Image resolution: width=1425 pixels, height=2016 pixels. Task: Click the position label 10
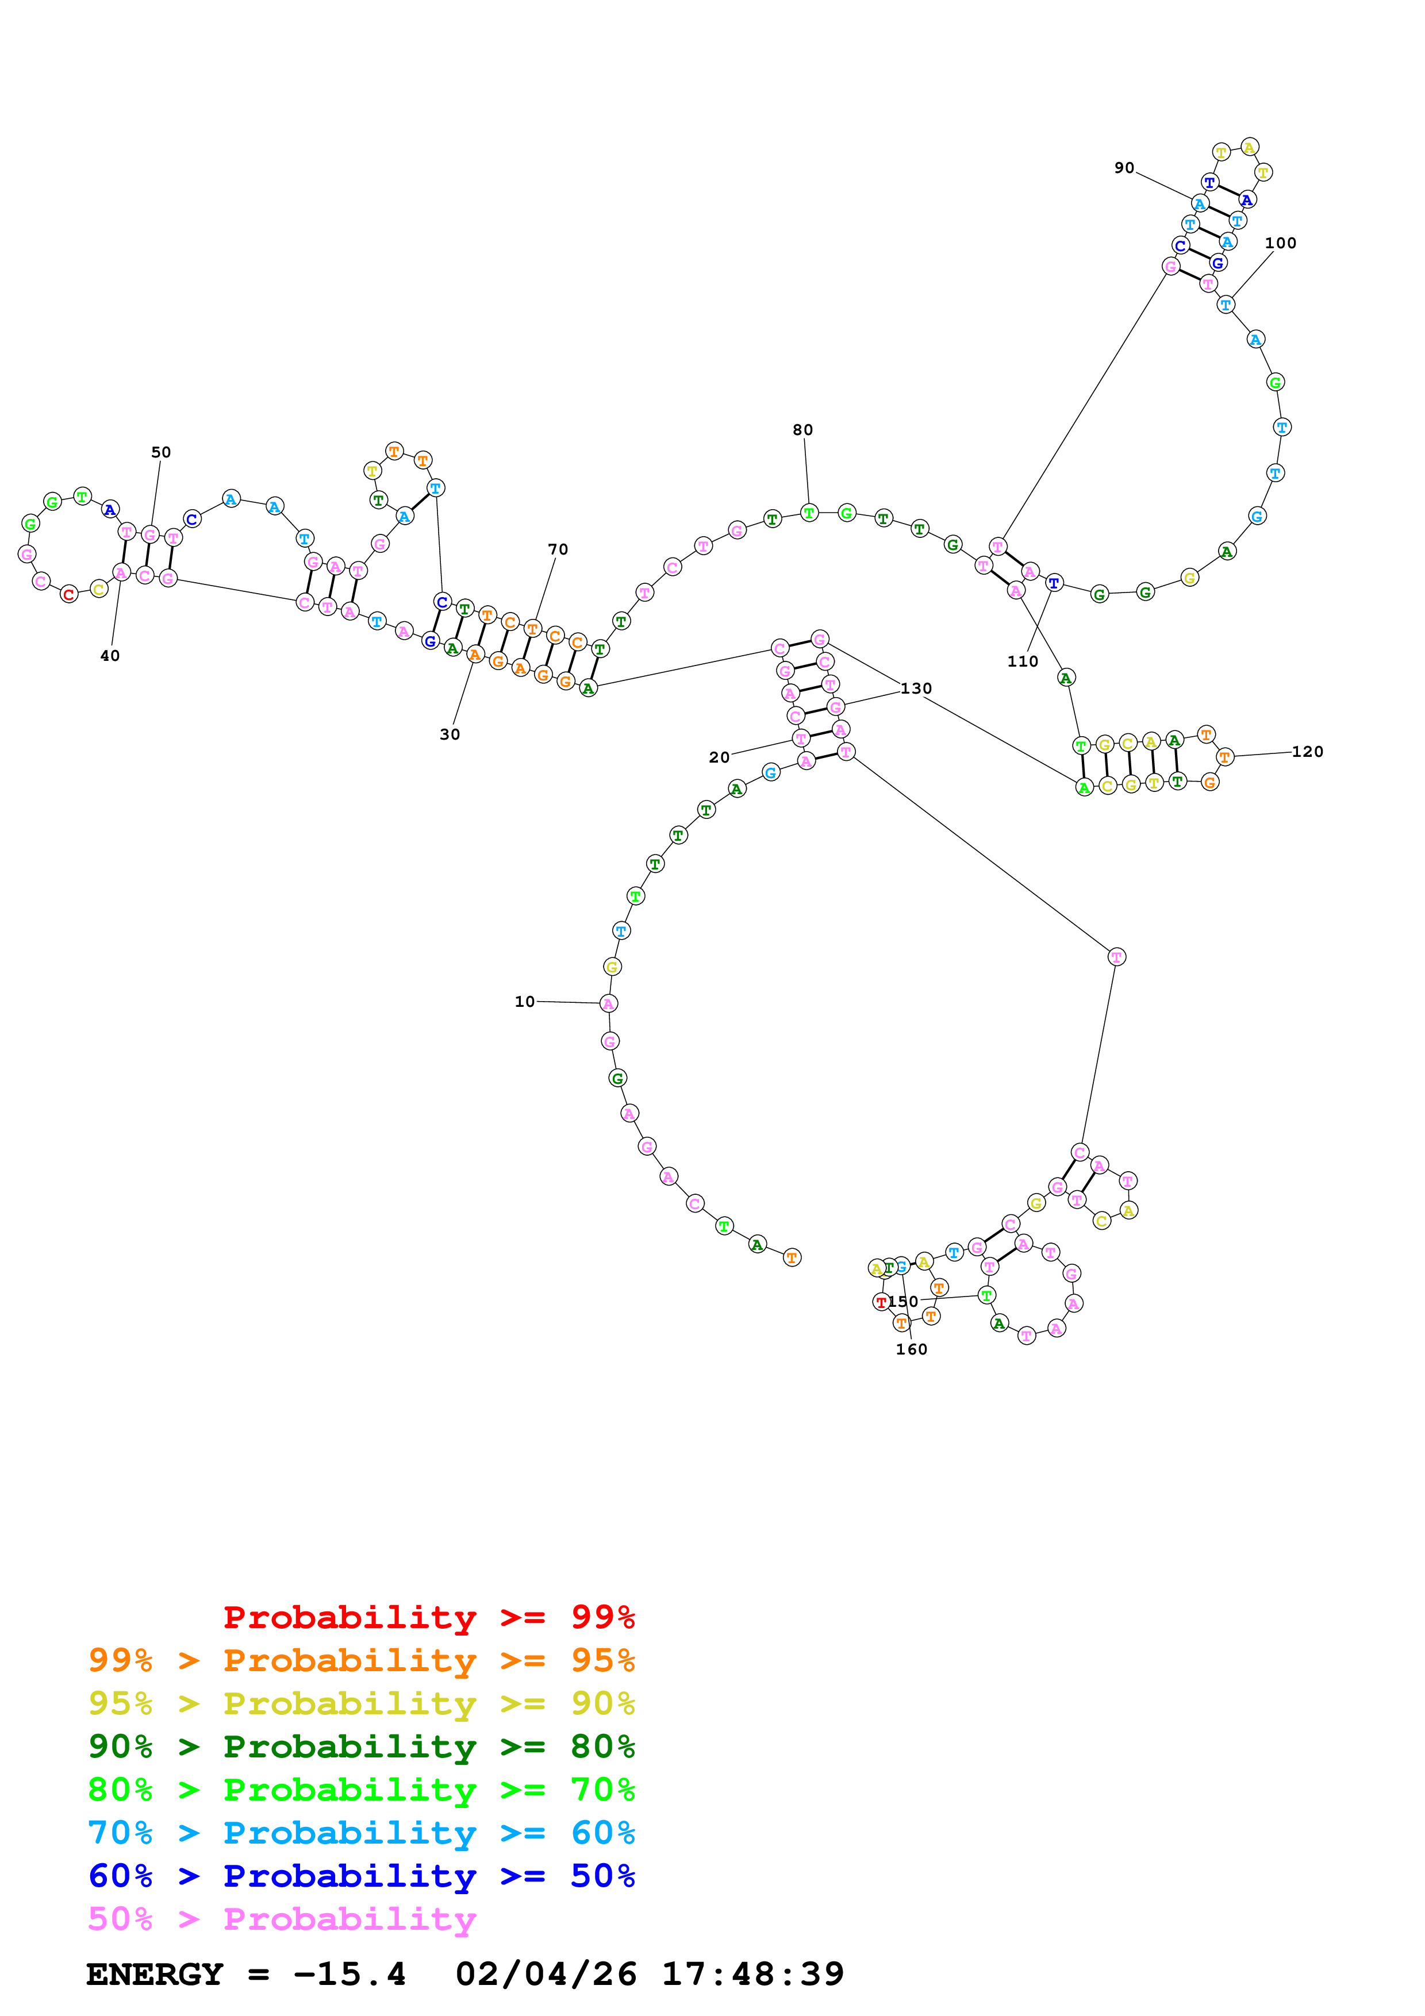[524, 1002]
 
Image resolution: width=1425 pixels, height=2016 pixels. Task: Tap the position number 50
[161, 452]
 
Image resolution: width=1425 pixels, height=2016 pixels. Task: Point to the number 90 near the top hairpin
[1124, 168]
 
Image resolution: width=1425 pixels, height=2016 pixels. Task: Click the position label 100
[1280, 243]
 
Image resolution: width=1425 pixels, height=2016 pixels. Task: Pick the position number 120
[1307, 752]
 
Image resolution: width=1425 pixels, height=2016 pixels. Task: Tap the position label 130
[916, 688]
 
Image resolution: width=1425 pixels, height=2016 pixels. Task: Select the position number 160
[911, 1349]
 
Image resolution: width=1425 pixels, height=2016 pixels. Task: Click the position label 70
[558, 549]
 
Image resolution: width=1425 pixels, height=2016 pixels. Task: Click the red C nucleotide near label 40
[68, 594]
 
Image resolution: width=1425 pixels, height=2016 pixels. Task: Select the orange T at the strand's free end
[792, 1258]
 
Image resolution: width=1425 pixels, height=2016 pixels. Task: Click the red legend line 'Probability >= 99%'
[428, 1617]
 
